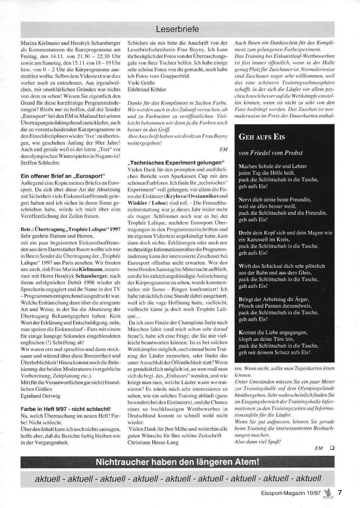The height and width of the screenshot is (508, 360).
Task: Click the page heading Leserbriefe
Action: [x=177, y=29]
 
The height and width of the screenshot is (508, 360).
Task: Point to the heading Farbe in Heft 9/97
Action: [x=66, y=409]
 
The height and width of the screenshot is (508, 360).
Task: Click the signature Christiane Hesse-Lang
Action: [x=153, y=442]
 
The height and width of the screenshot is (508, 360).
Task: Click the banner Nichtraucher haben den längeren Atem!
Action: [x=177, y=462]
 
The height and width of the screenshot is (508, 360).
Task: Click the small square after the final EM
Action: [x=332, y=448]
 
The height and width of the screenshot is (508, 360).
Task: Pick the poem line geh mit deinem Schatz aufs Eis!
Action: [x=274, y=353]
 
